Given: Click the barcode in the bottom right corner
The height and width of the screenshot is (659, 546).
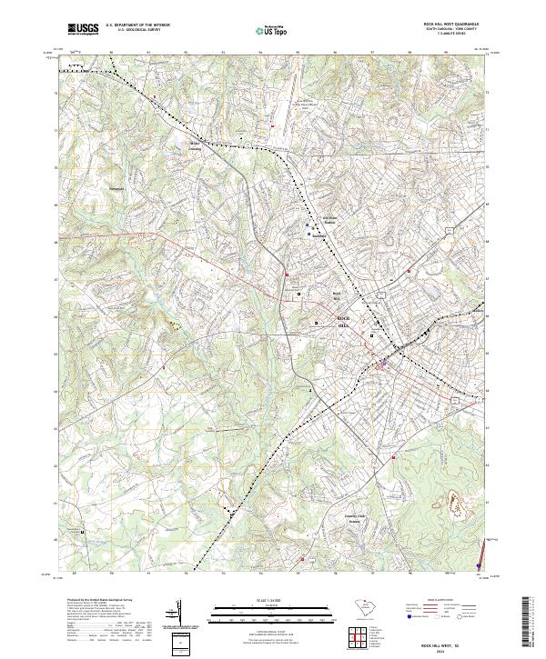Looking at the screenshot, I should coord(527,623).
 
